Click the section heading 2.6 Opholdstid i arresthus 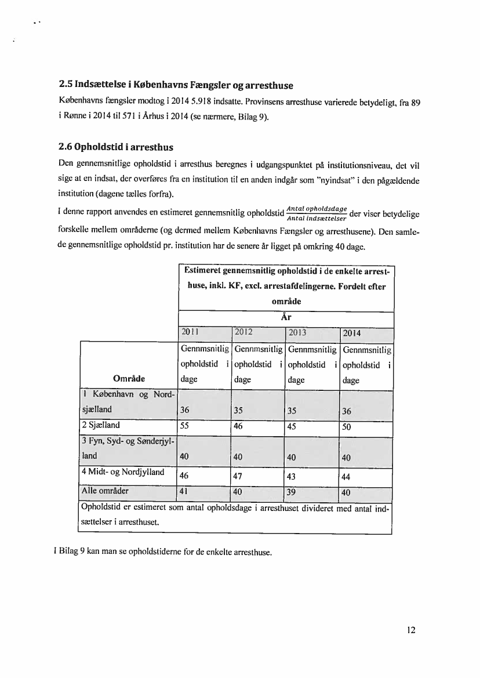(116, 147)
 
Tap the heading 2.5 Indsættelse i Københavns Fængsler (176, 85)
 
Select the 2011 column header (190, 332)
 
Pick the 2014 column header (352, 333)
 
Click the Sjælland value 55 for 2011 (186, 425)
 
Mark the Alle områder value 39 (291, 492)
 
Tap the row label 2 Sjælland (101, 425)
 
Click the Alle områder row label (106, 491)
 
